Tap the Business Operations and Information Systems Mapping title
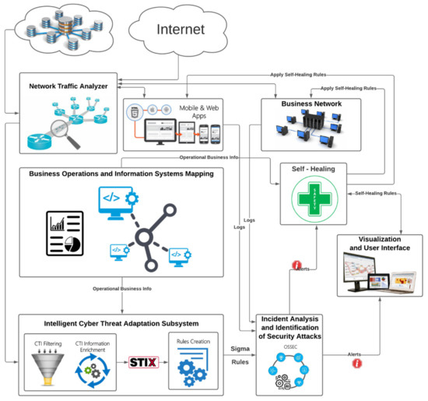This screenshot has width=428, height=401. [x=121, y=174]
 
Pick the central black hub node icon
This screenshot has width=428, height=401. [x=145, y=237]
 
